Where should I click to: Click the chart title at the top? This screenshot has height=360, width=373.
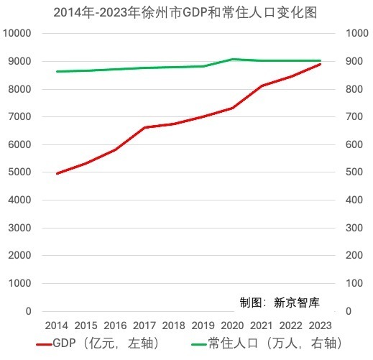[x=185, y=12]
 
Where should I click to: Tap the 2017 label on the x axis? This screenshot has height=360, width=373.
[x=144, y=326]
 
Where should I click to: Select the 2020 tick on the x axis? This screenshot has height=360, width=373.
[x=232, y=326]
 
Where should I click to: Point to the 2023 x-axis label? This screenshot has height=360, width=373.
[x=320, y=326]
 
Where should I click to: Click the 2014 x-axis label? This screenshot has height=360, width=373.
[x=57, y=326]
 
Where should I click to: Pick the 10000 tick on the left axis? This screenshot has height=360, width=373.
[x=17, y=33]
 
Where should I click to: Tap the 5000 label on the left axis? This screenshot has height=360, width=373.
[x=19, y=172]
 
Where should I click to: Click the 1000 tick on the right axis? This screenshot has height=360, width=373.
[x=357, y=33]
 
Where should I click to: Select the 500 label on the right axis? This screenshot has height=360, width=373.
[x=354, y=172]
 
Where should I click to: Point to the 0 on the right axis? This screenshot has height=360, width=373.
[x=349, y=311]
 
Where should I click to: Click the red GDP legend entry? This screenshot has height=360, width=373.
[x=97, y=343]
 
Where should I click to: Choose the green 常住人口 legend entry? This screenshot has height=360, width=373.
[x=267, y=343]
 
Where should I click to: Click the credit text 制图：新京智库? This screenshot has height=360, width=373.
[x=280, y=303]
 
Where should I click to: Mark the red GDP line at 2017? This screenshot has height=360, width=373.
[x=144, y=127]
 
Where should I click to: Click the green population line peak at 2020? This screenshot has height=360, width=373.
[x=232, y=59]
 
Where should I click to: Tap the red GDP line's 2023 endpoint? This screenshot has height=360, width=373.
[x=320, y=64]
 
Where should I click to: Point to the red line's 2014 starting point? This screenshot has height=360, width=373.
[x=57, y=173]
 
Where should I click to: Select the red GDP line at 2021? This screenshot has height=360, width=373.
[x=262, y=86]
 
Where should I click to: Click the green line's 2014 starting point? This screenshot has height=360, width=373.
[x=57, y=71]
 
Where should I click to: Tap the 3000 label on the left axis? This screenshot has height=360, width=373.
[x=19, y=228]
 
